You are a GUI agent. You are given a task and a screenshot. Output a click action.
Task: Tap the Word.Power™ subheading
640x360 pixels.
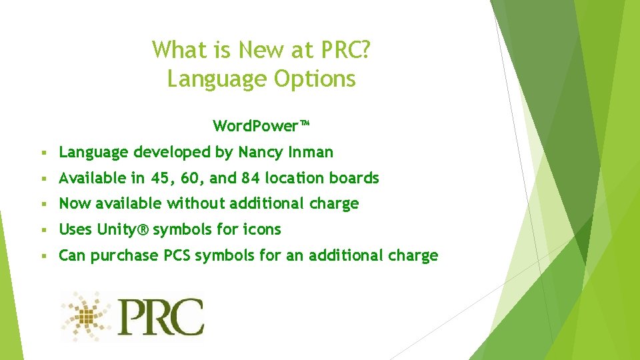coord(261,126)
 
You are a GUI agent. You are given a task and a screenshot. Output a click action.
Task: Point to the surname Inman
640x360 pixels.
coord(311,152)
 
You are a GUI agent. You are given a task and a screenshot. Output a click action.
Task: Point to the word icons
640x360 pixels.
coord(261,229)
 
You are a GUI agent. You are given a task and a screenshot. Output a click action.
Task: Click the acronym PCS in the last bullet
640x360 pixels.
coord(177,255)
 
